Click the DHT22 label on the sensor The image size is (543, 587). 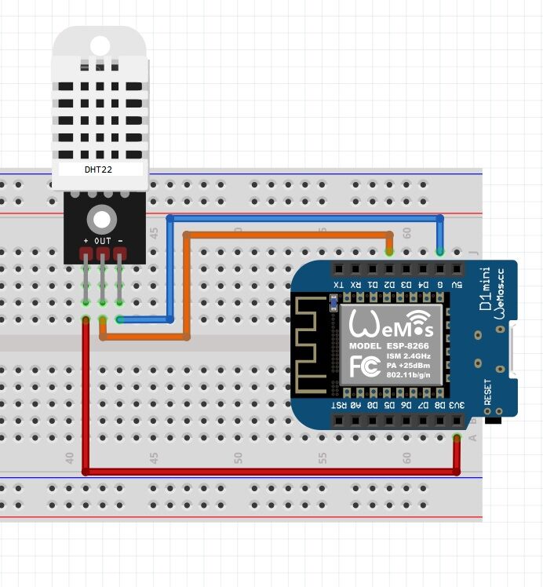[98, 169]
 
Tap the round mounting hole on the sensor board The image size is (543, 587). [101, 218]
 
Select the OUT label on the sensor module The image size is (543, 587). [103, 239]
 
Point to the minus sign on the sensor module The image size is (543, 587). [120, 239]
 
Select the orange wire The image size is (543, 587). [290, 234]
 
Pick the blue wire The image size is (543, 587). [306, 217]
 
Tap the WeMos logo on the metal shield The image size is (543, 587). [390, 323]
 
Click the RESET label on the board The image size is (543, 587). [487, 392]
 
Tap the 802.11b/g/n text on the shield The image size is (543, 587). [406, 375]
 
